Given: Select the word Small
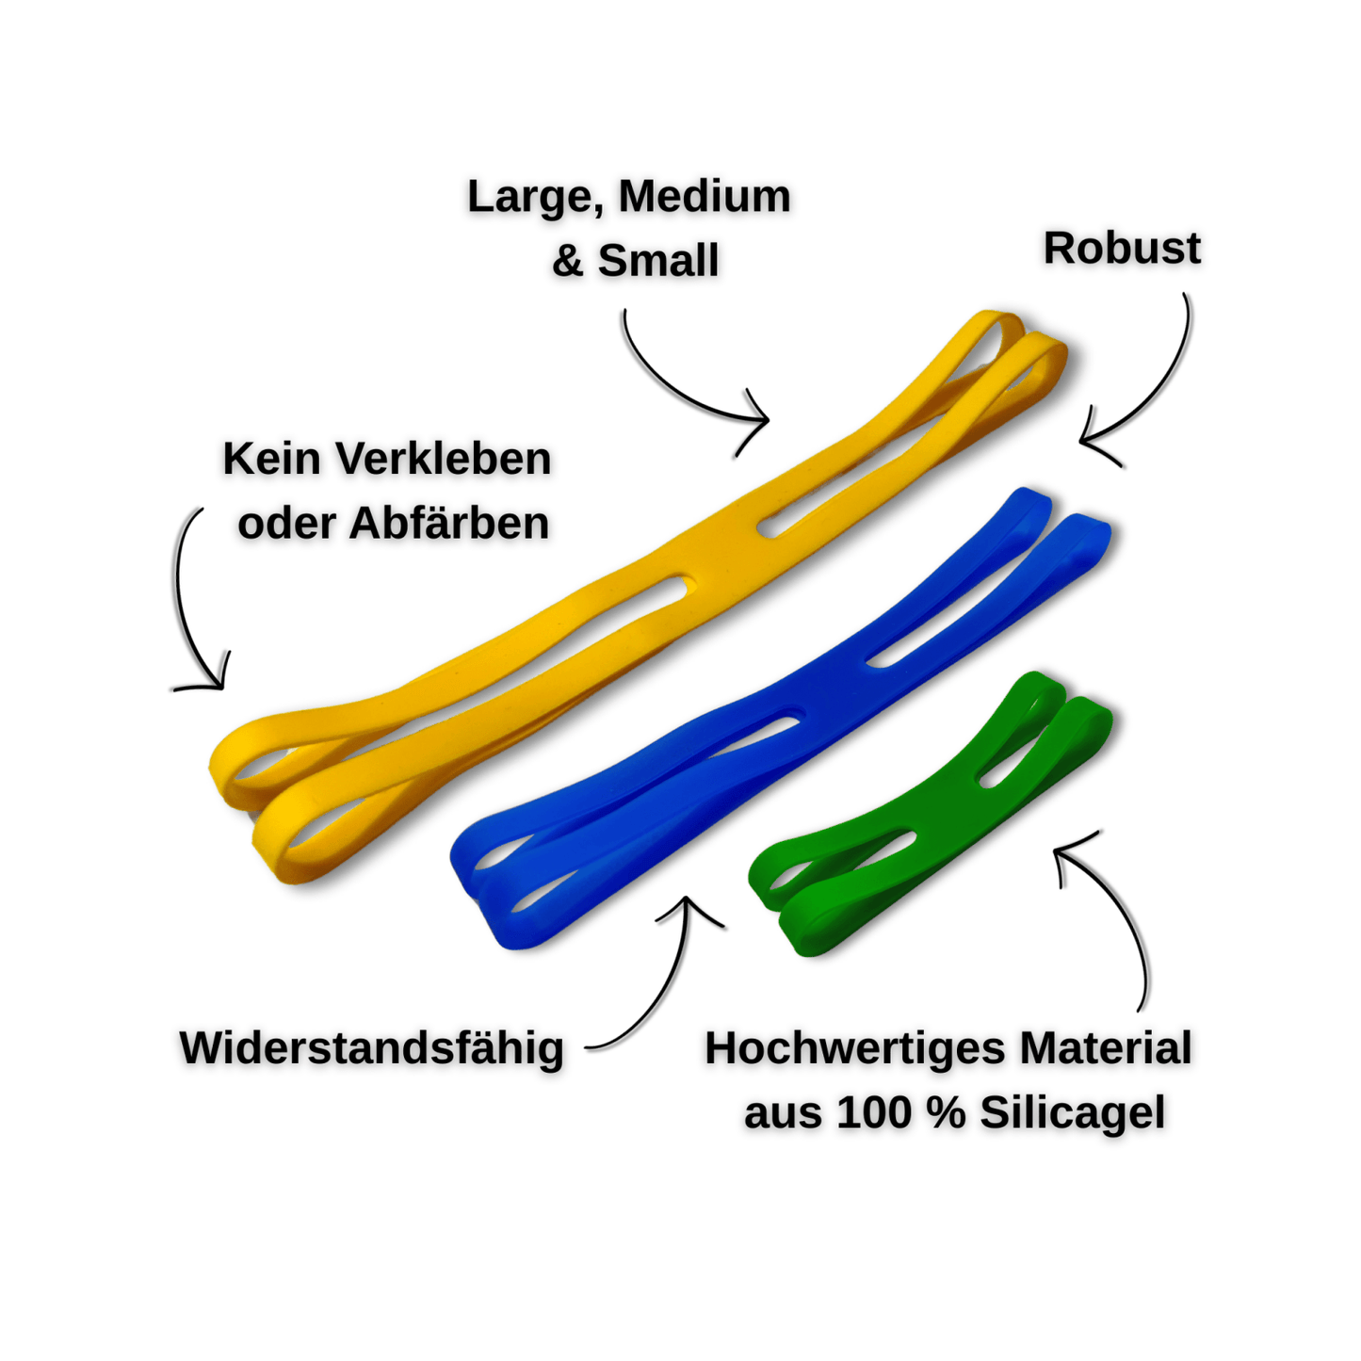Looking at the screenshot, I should (x=657, y=260).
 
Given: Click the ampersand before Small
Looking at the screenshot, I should (x=567, y=261).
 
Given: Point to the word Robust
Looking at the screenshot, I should (x=1121, y=249).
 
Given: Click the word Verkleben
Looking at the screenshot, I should (x=443, y=460).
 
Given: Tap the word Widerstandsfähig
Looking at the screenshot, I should (x=371, y=1048).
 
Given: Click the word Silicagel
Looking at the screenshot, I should (x=1072, y=1112).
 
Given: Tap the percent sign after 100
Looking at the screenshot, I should (x=945, y=1112).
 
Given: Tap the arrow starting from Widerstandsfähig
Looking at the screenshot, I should (x=659, y=980).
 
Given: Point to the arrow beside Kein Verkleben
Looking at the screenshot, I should (x=188, y=603).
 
